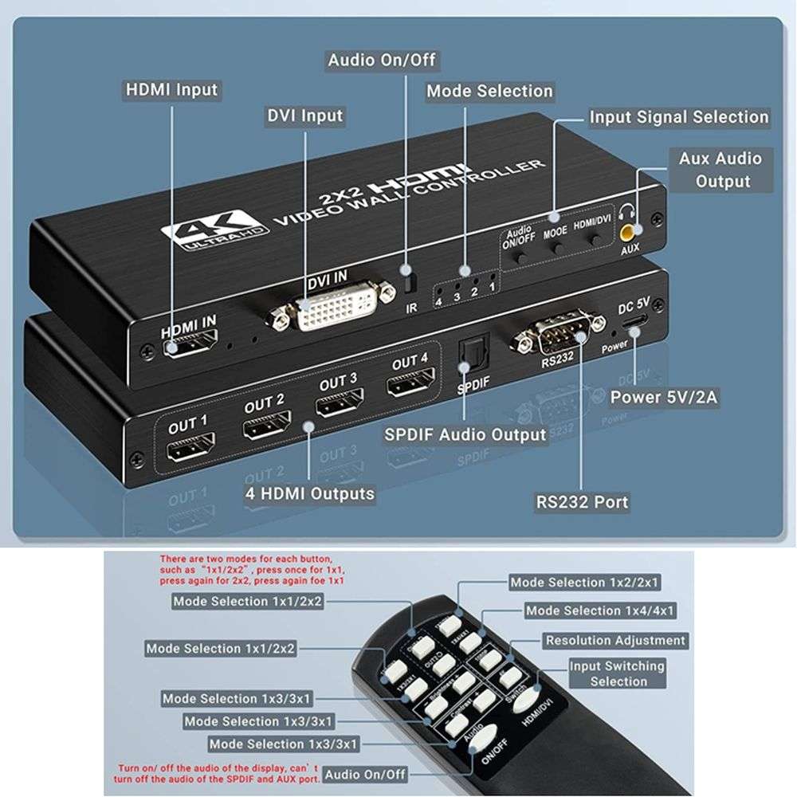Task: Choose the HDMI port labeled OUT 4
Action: tap(410, 386)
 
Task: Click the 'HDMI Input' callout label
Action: tap(171, 88)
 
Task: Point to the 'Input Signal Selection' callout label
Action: tap(679, 117)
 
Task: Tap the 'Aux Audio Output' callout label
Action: tap(722, 170)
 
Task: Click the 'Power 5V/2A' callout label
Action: tap(665, 397)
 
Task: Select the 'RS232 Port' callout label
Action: tap(582, 502)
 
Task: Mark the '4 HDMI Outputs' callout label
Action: tap(309, 493)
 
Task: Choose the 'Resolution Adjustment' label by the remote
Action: tap(614, 640)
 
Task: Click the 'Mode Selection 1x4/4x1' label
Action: tap(600, 611)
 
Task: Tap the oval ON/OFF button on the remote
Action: tap(487, 746)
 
